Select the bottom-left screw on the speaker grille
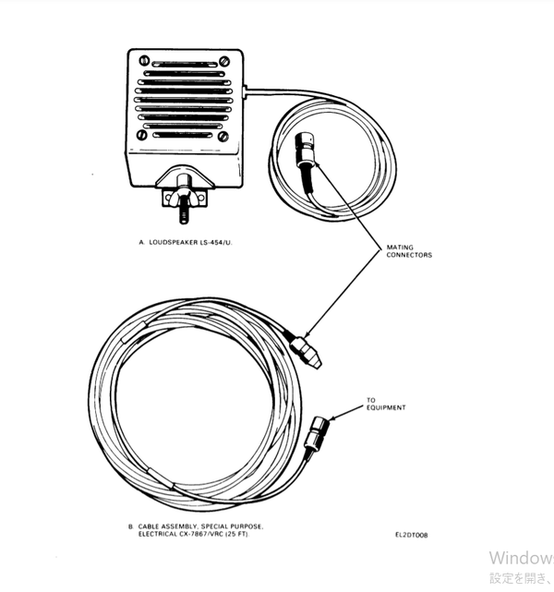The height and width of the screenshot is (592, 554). pyautogui.click(x=142, y=135)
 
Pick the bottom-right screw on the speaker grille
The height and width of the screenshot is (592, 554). pyautogui.click(x=222, y=135)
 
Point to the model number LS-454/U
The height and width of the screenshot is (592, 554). pyautogui.click(x=213, y=242)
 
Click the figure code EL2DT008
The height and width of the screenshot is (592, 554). pyautogui.click(x=411, y=534)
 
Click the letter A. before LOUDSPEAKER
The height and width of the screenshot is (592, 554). pyautogui.click(x=140, y=242)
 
